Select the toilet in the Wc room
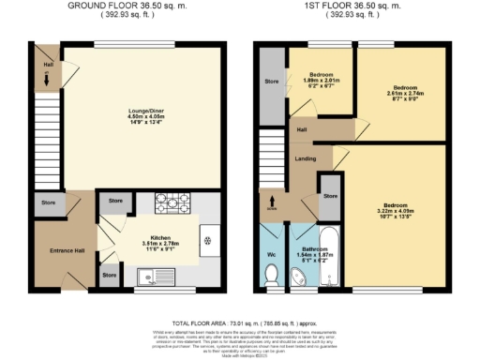272,273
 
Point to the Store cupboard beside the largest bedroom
330,196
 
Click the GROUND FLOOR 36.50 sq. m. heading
125,6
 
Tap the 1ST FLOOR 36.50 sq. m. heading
352,6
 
